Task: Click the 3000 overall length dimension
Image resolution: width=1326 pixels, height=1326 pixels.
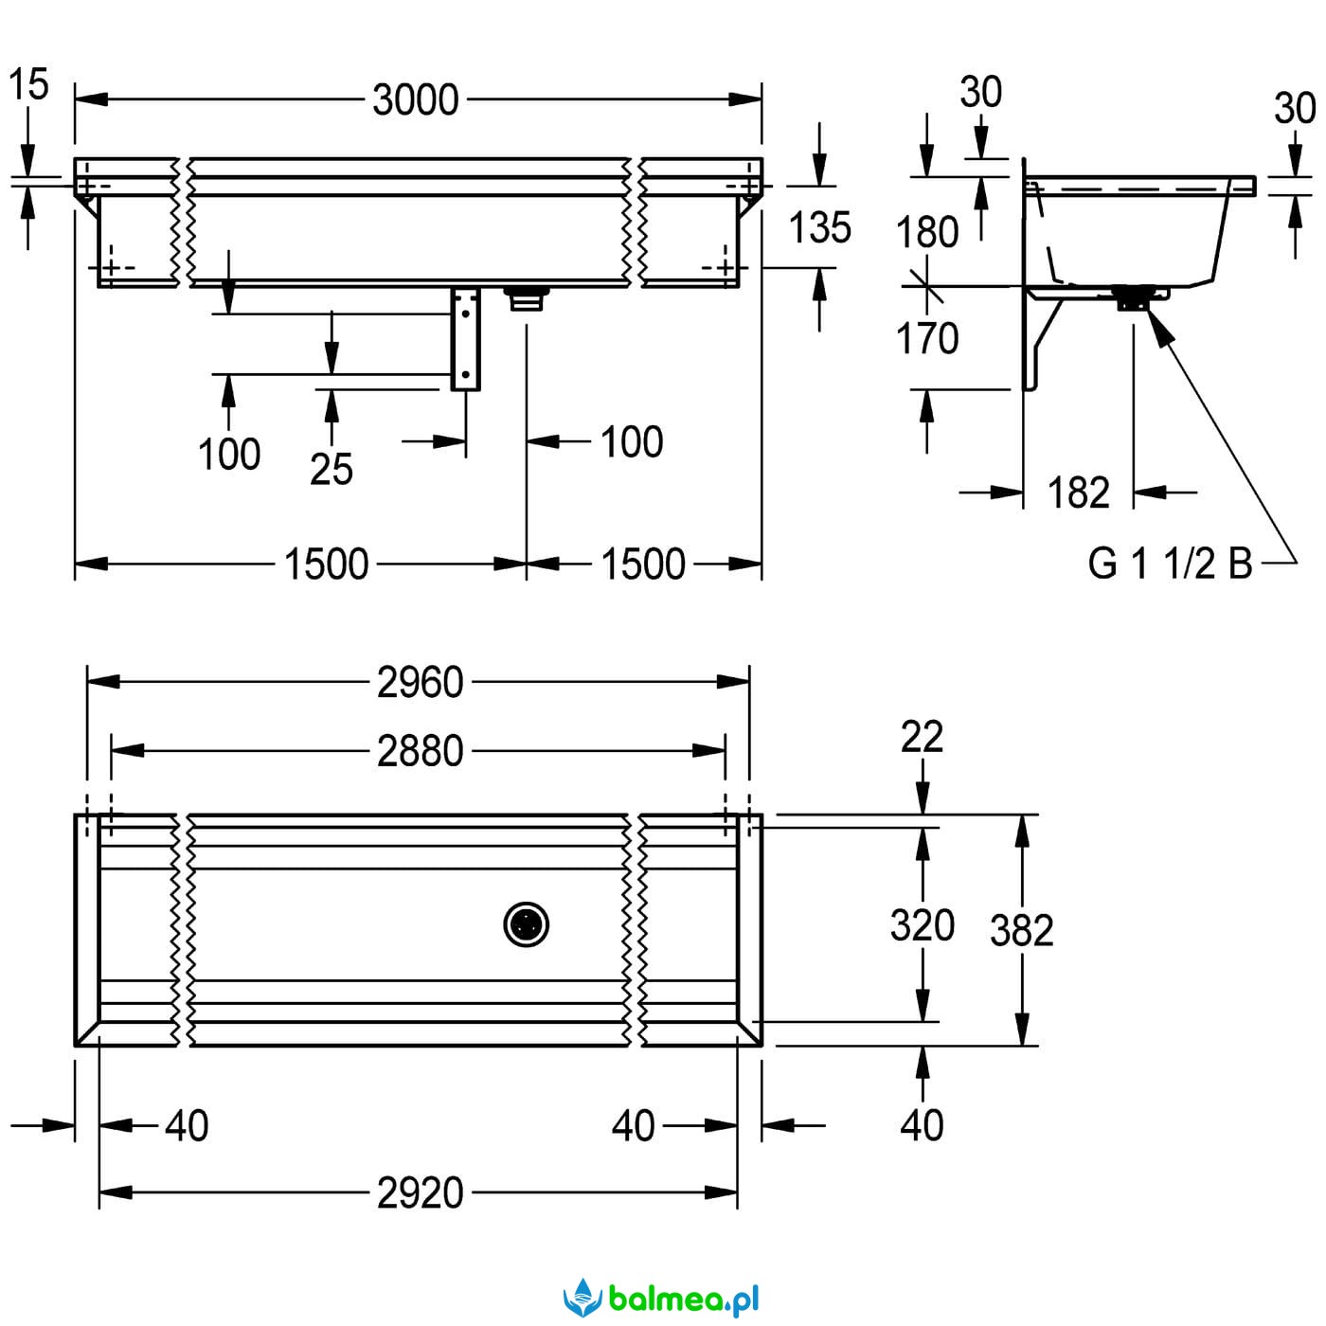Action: pos(416,99)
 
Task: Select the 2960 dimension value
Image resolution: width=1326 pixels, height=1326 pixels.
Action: pos(420,682)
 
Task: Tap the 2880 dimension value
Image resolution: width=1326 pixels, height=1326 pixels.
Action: pos(420,751)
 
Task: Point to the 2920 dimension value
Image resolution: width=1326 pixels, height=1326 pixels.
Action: pos(420,1192)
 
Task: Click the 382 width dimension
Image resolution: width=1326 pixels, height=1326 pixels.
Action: pos(1022,931)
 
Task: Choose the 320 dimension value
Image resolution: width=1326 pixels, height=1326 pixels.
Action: pos(923,925)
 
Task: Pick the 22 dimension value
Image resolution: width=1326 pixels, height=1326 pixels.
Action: pos(923,737)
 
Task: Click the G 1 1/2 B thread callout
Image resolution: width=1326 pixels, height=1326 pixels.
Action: pos(1170,564)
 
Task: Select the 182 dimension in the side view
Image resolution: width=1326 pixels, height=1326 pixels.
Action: pos(1079,493)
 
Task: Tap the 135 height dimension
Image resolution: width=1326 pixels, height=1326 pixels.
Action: pos(820,227)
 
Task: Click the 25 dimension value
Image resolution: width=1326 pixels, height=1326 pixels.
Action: pos(331,469)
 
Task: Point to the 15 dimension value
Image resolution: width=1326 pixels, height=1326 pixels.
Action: pos(28,84)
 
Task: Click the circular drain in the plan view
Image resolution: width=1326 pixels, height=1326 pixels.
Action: pos(527,924)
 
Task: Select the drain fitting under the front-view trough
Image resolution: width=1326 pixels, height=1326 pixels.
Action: pos(527,298)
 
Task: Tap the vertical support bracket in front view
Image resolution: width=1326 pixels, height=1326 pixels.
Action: pos(465,338)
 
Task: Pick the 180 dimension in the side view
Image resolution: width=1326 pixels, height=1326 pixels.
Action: pos(927,232)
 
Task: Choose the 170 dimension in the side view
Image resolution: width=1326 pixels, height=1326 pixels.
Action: pos(927,338)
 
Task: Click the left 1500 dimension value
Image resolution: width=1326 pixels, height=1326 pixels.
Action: pos(326,564)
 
